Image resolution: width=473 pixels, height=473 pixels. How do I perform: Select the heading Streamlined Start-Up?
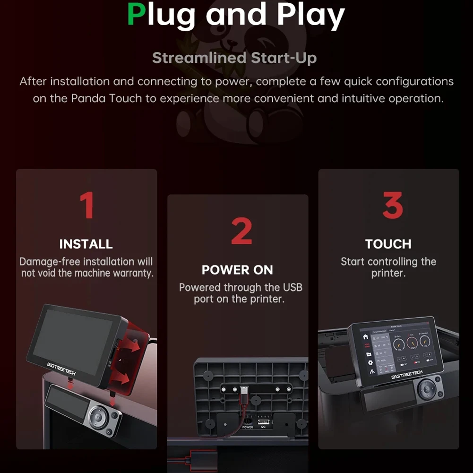[x=234, y=58]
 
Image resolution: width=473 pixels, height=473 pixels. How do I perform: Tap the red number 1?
[x=86, y=205]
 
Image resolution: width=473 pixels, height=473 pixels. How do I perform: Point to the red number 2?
[x=241, y=231]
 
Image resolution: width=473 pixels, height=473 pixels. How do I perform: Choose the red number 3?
[x=392, y=205]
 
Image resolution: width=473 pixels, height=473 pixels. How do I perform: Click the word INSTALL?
[x=86, y=244]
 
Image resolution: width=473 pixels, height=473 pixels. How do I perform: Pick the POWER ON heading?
[x=237, y=270]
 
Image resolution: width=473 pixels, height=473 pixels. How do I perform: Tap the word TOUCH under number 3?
[x=388, y=244]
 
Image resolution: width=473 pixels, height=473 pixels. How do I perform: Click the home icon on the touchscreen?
[x=365, y=337]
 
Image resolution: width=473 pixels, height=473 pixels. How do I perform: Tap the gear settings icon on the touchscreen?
[x=370, y=362]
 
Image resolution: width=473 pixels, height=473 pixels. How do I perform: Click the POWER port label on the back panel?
[x=248, y=427]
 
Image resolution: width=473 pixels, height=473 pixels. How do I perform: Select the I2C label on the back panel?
[x=263, y=427]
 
